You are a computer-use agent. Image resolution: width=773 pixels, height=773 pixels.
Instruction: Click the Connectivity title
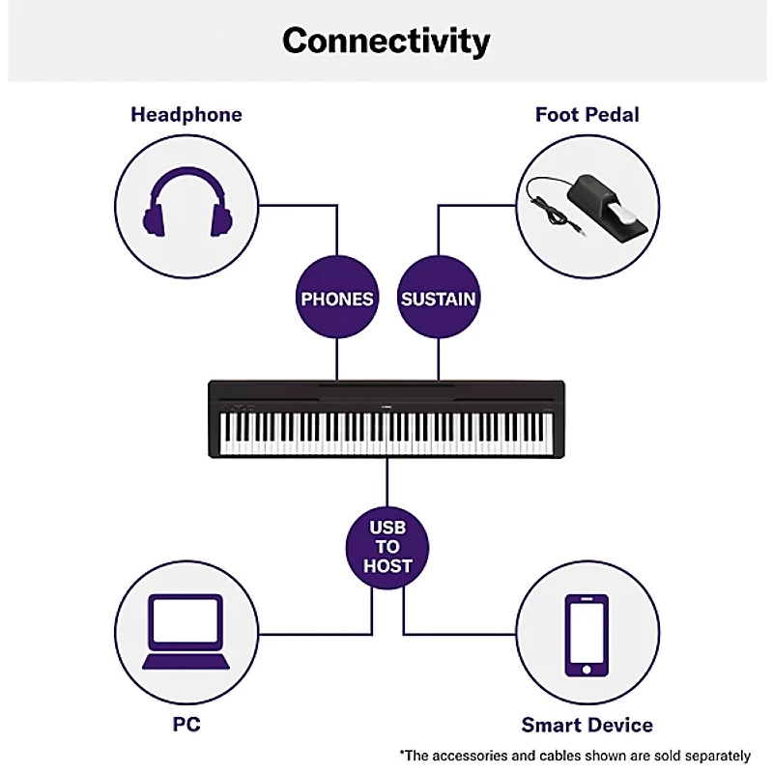tap(386, 41)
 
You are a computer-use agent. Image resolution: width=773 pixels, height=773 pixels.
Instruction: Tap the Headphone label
tap(186, 114)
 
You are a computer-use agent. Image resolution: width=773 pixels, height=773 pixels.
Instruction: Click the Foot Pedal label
tap(587, 114)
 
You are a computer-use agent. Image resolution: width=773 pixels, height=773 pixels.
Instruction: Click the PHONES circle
tap(336, 299)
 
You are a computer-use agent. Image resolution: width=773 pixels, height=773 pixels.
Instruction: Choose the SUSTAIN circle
tap(439, 299)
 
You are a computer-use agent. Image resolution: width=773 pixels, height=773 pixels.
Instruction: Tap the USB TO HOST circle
tap(387, 546)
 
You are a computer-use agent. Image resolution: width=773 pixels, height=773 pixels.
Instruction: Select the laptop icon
tap(186, 632)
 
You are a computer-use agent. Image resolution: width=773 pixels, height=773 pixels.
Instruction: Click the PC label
tap(186, 724)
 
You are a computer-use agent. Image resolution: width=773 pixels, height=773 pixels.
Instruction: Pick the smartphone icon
tap(587, 635)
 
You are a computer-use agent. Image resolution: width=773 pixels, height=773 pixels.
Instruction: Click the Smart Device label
tap(587, 724)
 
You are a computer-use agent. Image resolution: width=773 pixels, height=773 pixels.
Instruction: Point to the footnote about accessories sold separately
tap(575, 755)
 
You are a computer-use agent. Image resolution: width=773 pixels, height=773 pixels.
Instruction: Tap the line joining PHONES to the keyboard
tap(336, 359)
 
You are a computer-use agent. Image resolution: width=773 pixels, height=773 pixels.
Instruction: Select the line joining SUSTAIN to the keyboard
tap(439, 359)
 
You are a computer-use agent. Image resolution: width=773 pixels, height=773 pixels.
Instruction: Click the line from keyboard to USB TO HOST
tap(387, 483)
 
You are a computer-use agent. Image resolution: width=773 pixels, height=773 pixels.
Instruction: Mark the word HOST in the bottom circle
tap(387, 566)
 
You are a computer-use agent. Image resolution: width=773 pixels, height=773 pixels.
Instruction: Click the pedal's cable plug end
tap(575, 232)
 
